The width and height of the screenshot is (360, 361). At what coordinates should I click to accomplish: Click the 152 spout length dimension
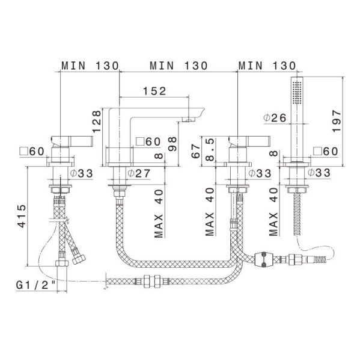(154, 91)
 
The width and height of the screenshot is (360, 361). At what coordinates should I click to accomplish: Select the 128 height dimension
(97, 122)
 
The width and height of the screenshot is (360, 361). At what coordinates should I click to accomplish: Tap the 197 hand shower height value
(337, 121)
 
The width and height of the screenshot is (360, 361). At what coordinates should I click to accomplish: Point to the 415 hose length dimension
(22, 216)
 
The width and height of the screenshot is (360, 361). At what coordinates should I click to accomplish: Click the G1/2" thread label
(36, 285)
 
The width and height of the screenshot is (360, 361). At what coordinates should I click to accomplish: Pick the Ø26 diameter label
(275, 118)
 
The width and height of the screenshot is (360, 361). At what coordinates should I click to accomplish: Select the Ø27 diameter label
(139, 173)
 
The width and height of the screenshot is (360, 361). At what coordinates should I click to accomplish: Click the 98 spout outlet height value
(172, 144)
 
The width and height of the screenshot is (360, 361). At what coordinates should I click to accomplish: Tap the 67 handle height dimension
(196, 151)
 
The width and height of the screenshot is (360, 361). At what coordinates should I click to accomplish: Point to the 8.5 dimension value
(210, 150)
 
